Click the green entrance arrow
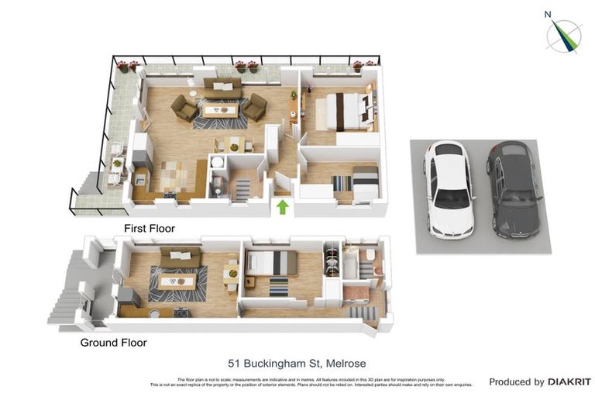(283, 206)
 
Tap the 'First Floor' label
(150, 229)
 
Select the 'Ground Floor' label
(113, 342)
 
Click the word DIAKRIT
(569, 381)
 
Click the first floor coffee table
(218, 110)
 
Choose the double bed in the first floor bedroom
(343, 111)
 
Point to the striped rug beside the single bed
(342, 184)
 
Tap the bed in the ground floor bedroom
(272, 263)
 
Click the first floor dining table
(232, 144)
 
